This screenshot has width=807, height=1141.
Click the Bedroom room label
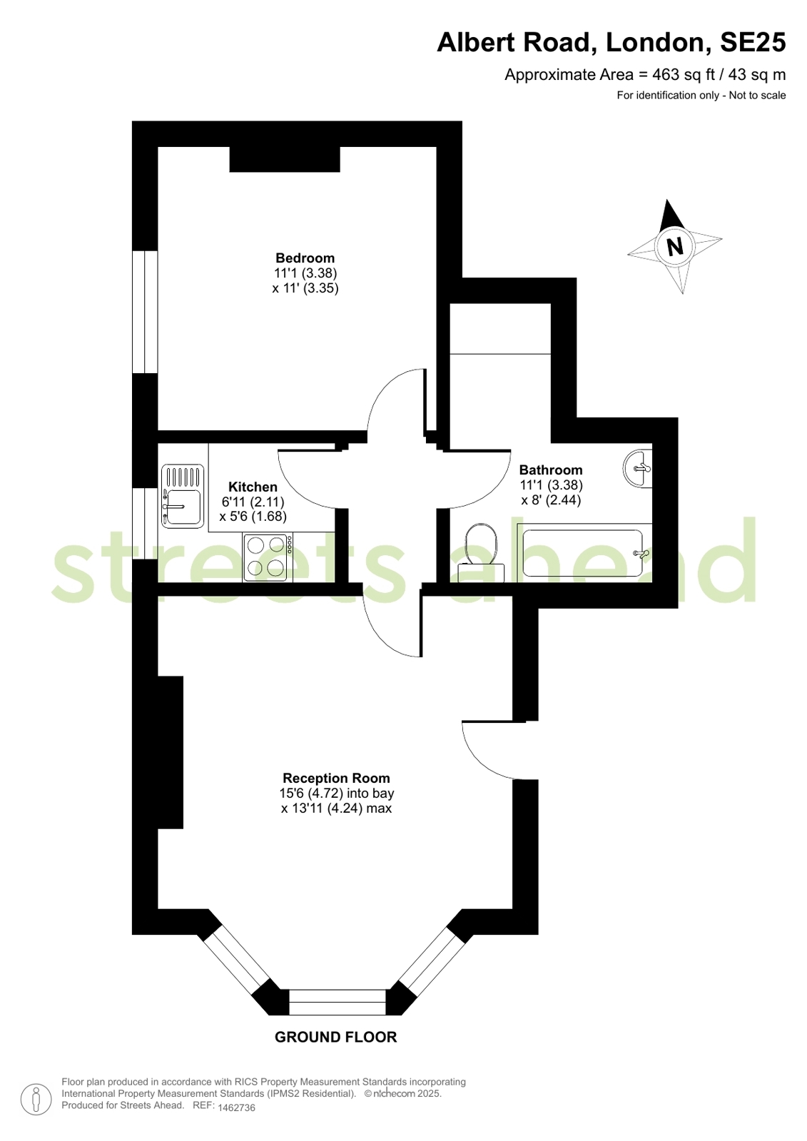tap(305, 258)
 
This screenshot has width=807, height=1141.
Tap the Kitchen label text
tap(253, 487)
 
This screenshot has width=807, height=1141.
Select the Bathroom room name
tap(551, 470)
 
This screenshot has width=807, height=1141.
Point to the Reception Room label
tap(336, 778)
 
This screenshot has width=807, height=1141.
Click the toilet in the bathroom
tap(481, 552)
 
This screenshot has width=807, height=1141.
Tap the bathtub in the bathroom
tap(584, 553)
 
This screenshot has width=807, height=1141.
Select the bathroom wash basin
tap(637, 468)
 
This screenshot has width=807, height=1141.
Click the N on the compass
tap(675, 247)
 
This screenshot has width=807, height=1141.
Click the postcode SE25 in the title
tap(753, 42)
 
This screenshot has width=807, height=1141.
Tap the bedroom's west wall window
tap(145, 312)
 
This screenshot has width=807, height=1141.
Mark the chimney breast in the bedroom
tap(285, 159)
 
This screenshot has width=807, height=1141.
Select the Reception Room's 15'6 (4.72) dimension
tap(311, 793)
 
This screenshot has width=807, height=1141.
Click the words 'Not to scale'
tap(758, 95)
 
